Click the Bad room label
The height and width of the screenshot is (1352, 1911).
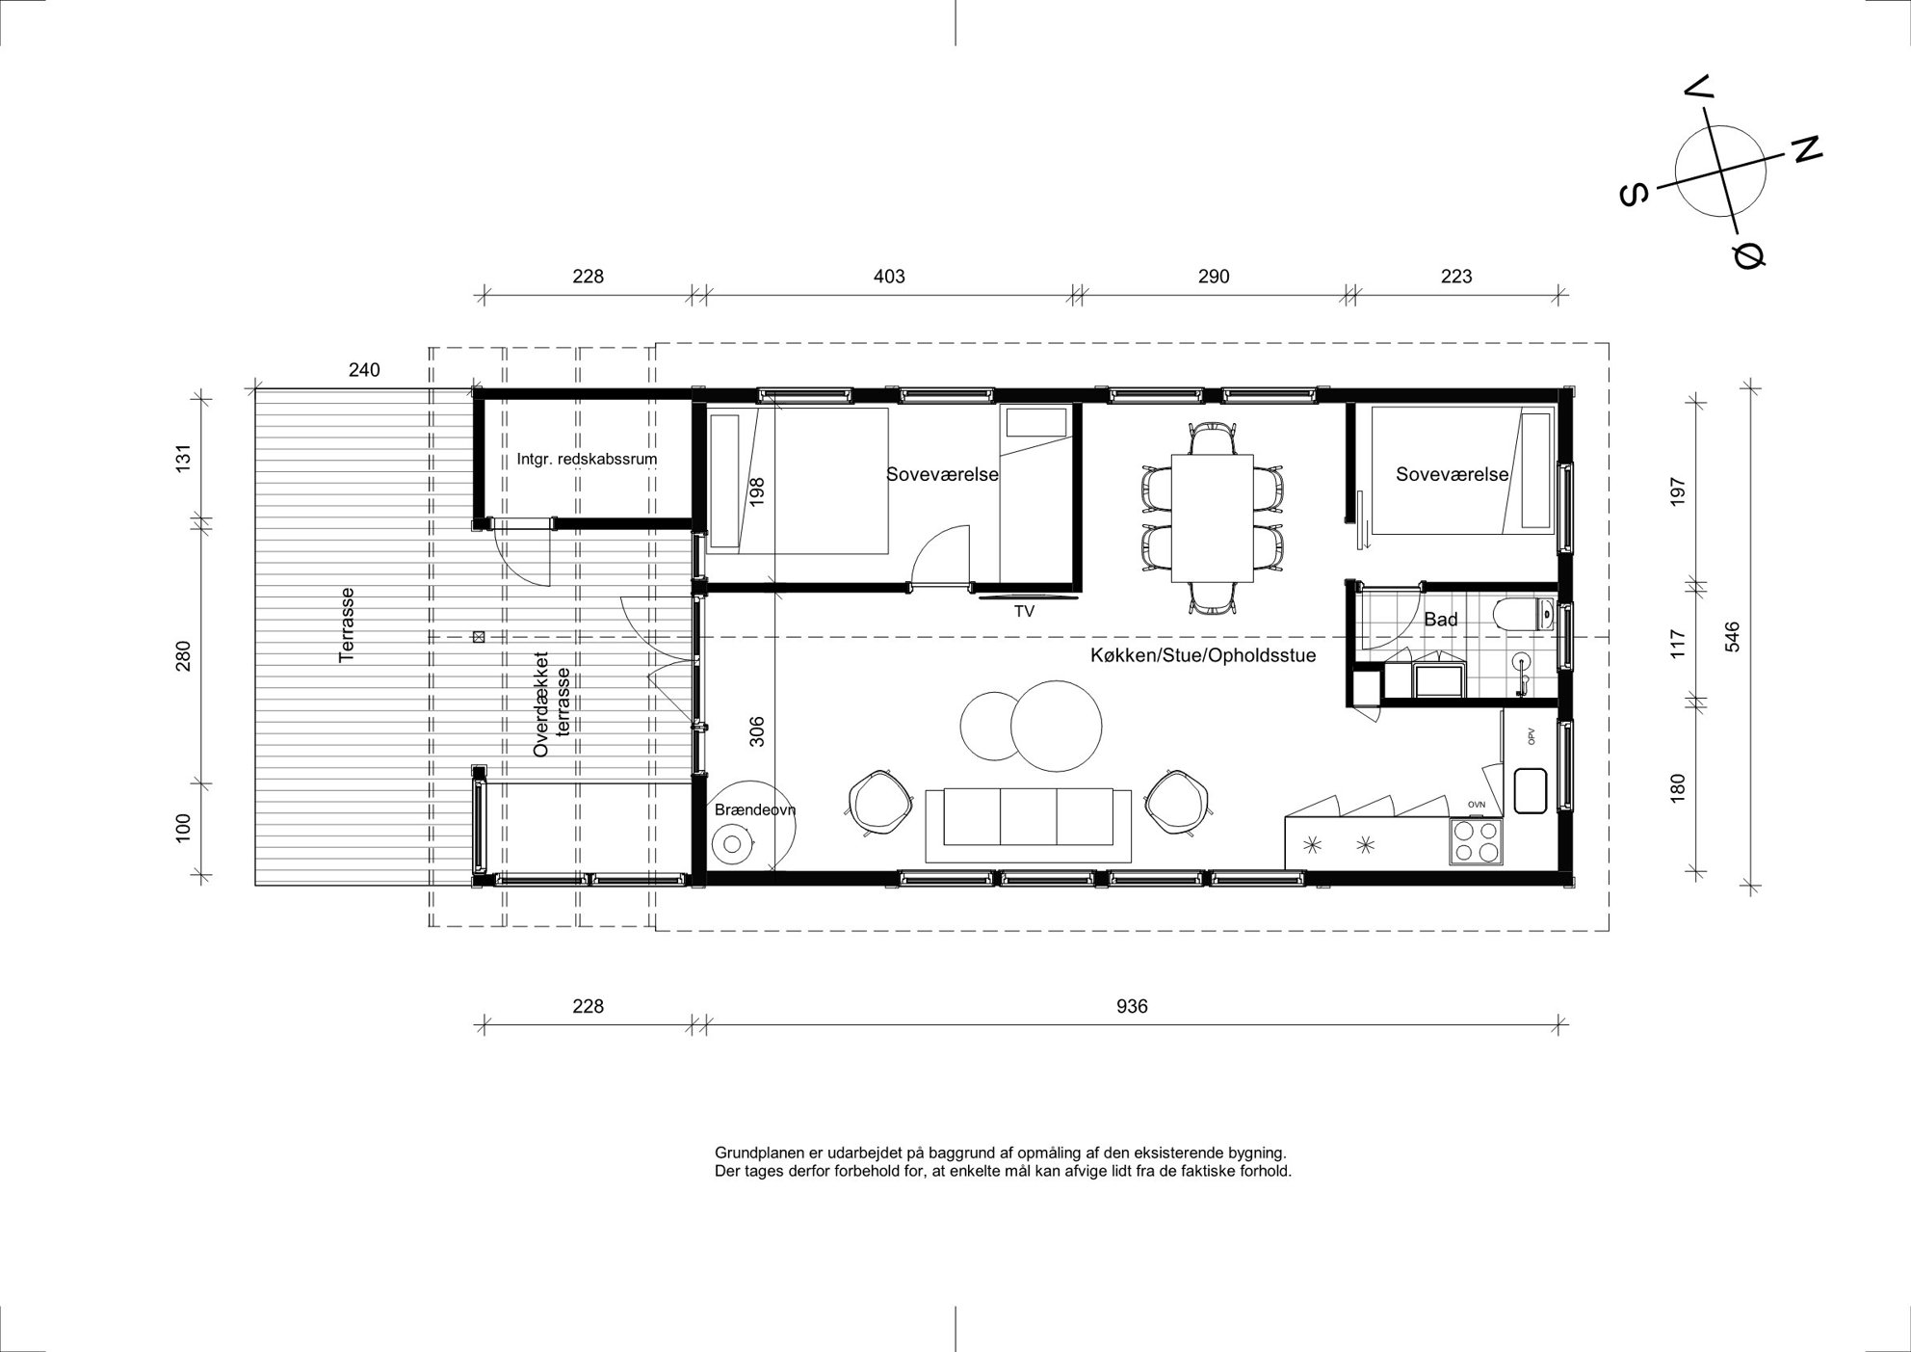point(1440,620)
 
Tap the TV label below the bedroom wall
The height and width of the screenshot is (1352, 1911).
point(1024,611)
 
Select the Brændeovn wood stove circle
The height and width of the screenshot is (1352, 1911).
point(731,845)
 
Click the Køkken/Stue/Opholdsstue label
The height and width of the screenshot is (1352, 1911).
point(1203,655)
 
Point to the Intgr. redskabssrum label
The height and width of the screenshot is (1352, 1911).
point(587,459)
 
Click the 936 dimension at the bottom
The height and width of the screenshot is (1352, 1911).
point(1132,1007)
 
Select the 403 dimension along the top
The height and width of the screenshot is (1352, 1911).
point(889,277)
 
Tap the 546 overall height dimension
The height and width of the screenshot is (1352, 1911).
point(1732,637)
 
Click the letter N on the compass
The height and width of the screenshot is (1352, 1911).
point(1806,148)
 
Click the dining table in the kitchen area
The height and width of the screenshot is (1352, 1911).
point(1212,517)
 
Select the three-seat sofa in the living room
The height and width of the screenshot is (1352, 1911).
point(1028,825)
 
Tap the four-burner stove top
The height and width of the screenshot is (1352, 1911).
point(1476,841)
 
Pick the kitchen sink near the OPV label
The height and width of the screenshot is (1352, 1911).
point(1530,790)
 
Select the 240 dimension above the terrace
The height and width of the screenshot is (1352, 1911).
point(364,369)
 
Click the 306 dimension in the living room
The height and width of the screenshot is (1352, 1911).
point(756,732)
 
